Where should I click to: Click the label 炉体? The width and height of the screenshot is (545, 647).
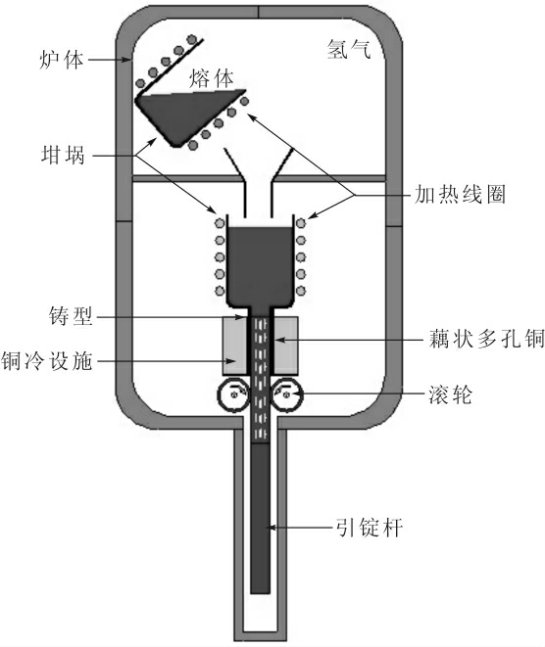coord(61,60)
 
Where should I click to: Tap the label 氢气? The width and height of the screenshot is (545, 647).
coord(349,49)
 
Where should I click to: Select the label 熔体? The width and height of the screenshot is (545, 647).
coord(212,78)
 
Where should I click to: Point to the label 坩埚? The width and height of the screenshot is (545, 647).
coord(63,156)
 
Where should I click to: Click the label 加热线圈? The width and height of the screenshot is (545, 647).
coord(460,195)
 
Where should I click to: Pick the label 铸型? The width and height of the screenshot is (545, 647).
coord(71,316)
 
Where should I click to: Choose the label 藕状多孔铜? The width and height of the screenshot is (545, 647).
coord(486,340)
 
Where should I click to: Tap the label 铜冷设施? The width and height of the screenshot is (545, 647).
coord(46,360)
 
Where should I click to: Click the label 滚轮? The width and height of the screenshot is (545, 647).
coord(450,394)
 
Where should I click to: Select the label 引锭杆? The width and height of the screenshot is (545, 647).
coord(369,527)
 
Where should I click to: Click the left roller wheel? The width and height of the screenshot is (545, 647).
coord(233,394)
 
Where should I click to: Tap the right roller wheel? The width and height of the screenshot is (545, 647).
coord(287,394)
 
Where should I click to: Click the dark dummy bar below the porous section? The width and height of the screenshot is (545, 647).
coord(261,518)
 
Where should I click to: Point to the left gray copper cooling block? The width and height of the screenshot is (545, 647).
coord(234,346)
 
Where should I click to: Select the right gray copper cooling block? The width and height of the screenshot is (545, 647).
coord(285,346)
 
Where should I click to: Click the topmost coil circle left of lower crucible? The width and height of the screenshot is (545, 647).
coord(220,223)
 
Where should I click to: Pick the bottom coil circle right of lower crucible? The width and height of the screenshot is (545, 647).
coord(301,291)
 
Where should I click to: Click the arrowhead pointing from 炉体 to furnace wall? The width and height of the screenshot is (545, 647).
coord(126,60)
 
